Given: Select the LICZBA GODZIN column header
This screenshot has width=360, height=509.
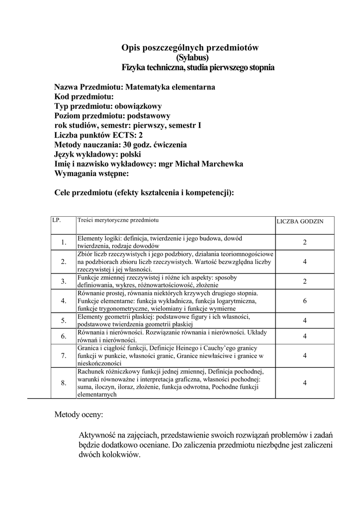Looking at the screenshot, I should [300, 222].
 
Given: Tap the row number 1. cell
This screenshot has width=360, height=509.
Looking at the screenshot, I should [64, 243].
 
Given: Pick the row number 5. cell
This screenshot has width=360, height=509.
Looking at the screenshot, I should [64, 320].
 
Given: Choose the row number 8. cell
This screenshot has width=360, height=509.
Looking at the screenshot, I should [64, 383].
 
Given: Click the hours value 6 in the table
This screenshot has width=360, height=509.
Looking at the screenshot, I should [304, 301].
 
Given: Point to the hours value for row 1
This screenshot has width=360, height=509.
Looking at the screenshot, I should [304, 243].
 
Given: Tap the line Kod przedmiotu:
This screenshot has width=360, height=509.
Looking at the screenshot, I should [84, 96].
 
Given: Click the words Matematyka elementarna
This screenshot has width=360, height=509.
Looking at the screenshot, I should [170, 87].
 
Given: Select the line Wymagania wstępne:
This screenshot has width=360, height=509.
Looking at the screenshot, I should [91, 174].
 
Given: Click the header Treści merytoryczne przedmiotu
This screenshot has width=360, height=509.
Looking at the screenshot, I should [117, 219].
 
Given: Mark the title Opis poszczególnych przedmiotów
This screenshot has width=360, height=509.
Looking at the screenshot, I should [191, 48].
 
